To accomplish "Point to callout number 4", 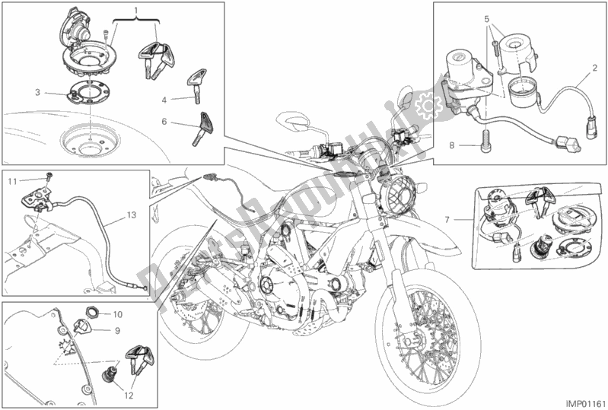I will click(164, 99).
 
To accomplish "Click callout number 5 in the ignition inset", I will click(488, 17).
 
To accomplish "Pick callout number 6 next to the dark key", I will click(164, 122).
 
